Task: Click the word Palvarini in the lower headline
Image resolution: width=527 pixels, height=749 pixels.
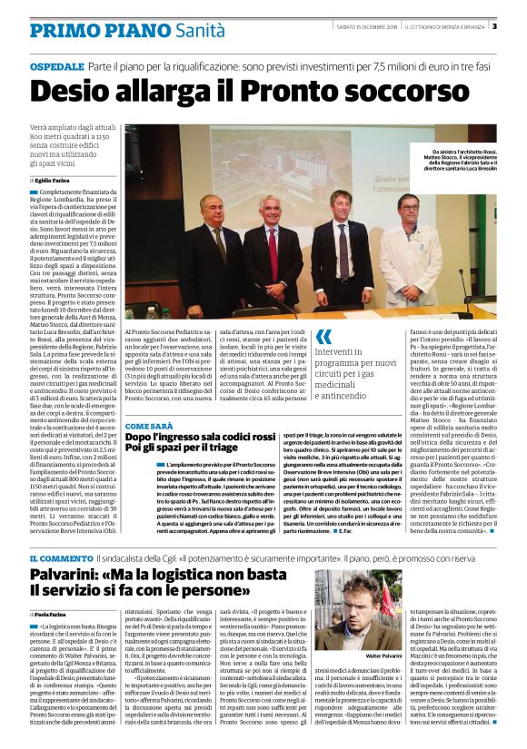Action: click(72, 576)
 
